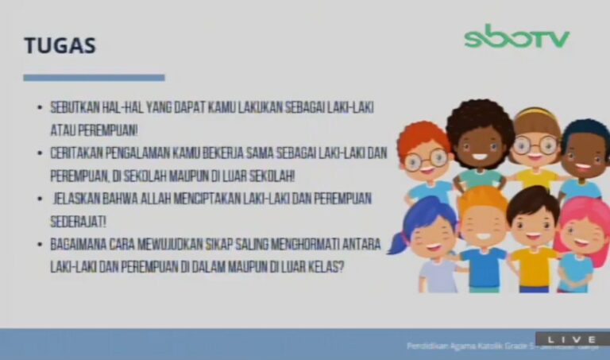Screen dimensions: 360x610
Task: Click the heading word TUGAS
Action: [60, 46]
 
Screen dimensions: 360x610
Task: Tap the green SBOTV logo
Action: [516, 37]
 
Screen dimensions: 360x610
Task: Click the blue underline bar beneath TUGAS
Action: [94, 77]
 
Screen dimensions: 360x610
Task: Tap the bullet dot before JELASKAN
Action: [39, 197]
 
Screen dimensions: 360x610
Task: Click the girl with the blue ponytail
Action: [429, 238]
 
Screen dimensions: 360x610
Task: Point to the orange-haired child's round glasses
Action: [426, 160]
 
